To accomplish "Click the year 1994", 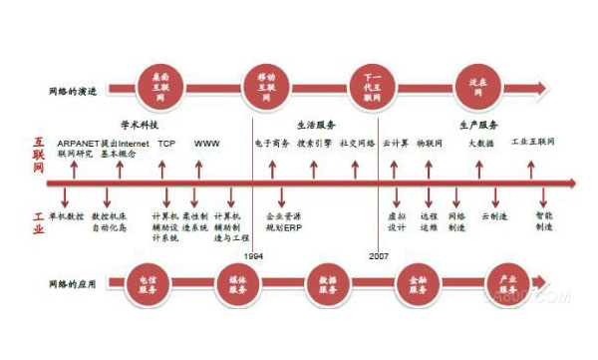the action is (x=253, y=256).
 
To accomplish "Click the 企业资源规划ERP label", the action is (x=284, y=220).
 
